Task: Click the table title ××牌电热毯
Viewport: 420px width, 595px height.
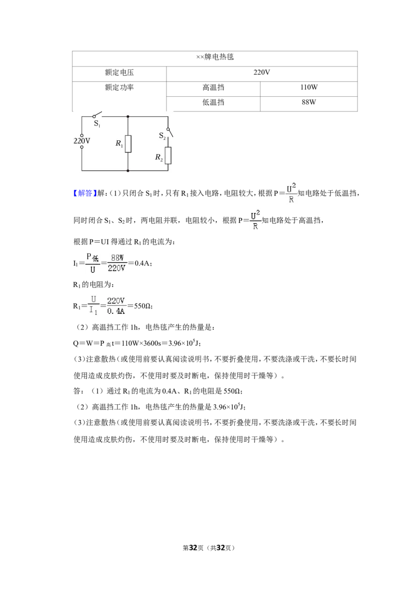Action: coord(215,57)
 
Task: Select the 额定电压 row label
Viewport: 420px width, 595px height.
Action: coord(119,73)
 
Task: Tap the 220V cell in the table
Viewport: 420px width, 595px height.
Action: coord(261,72)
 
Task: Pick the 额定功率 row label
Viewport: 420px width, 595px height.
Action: coord(119,87)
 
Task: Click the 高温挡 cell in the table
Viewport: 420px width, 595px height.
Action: coord(213,87)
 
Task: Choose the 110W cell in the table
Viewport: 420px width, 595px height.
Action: coord(309,87)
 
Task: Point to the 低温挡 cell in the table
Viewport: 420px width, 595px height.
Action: coord(213,102)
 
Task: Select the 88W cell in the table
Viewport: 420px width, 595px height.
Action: coord(309,102)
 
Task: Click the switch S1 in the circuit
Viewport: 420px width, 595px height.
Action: coord(98,115)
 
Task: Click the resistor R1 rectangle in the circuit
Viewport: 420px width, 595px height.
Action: coord(128,144)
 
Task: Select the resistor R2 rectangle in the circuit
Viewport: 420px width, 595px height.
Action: coord(168,156)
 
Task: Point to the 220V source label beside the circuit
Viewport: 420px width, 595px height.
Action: coord(81,141)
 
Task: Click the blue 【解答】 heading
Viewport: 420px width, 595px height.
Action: coord(83,193)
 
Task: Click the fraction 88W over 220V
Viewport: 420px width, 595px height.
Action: coord(117,263)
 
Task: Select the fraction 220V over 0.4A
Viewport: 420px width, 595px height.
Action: coord(116,306)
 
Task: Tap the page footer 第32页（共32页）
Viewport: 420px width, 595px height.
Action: coord(209,548)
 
